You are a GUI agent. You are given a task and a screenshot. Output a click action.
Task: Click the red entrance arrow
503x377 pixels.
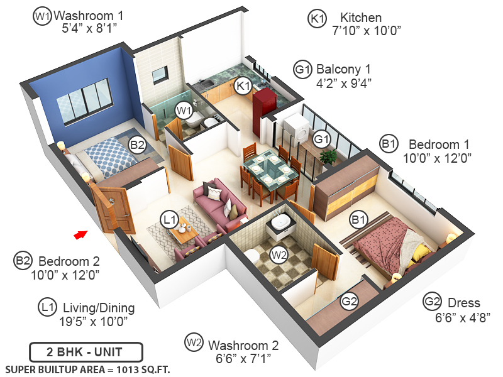tap(80, 234)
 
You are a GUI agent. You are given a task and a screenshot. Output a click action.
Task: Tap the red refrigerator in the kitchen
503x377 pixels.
tap(263, 106)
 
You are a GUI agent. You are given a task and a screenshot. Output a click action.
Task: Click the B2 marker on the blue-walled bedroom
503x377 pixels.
tap(137, 145)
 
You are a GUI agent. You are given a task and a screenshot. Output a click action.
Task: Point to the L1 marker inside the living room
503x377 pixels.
tap(169, 219)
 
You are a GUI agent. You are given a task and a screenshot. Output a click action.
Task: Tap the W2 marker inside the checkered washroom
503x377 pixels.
tap(278, 254)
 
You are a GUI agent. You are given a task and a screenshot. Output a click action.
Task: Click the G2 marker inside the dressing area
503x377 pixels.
tap(349, 301)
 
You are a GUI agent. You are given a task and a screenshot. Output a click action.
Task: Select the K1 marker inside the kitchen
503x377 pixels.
tap(243, 86)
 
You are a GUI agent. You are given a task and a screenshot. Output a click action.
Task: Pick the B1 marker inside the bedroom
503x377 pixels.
tap(359, 220)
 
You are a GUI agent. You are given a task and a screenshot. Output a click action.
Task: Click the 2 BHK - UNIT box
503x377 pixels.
tap(86, 351)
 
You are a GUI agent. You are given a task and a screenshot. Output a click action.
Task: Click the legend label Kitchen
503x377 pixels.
tap(361, 18)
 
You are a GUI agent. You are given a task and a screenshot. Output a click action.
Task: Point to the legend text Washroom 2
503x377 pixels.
tap(243, 345)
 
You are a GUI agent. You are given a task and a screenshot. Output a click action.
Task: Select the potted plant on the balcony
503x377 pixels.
tap(328, 156)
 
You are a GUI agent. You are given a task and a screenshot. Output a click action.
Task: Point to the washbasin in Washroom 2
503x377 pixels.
tap(279, 222)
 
